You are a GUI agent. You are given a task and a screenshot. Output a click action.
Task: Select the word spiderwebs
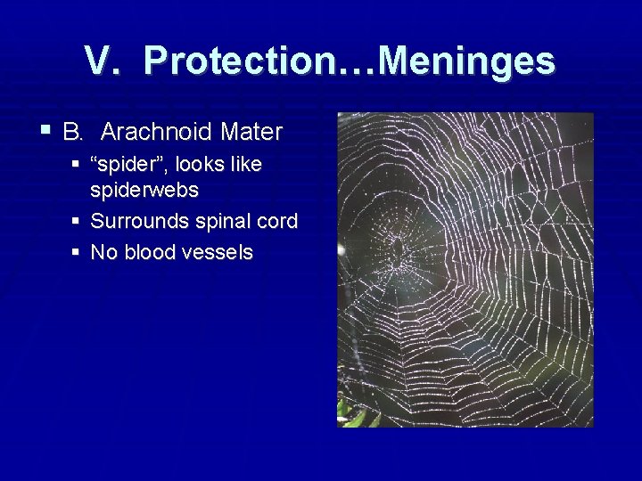tap(144, 191)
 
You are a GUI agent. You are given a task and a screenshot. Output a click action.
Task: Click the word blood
tap(152, 253)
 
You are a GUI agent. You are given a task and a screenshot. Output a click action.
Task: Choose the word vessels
tap(219, 253)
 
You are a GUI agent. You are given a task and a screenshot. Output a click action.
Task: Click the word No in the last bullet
tap(104, 253)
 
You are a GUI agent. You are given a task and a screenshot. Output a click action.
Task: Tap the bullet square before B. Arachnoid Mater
tap(45, 132)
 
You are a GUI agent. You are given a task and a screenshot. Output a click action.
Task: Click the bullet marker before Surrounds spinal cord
tap(79, 221)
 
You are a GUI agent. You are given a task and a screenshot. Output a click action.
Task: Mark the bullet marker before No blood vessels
tap(79, 252)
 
